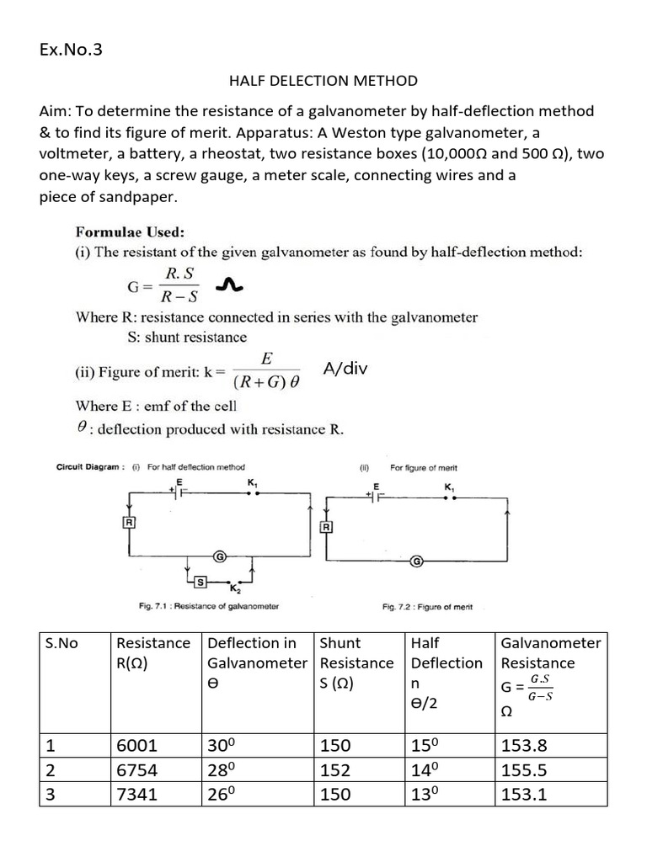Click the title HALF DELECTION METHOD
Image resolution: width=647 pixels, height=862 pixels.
click(323, 81)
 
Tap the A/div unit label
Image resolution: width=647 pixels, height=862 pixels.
click(345, 368)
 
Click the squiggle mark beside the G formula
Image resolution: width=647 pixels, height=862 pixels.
click(228, 288)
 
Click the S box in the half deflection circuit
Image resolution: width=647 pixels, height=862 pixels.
click(201, 582)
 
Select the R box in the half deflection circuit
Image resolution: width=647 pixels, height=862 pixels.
click(130, 523)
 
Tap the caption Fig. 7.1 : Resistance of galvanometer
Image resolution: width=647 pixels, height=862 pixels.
click(209, 605)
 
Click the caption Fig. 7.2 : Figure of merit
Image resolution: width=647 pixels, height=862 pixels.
click(427, 606)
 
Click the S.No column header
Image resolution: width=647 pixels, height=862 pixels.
click(61, 643)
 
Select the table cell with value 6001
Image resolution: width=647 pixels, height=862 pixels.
click(136, 745)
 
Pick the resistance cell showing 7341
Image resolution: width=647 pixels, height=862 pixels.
click(136, 794)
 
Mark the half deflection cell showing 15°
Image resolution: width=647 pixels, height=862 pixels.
click(425, 745)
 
